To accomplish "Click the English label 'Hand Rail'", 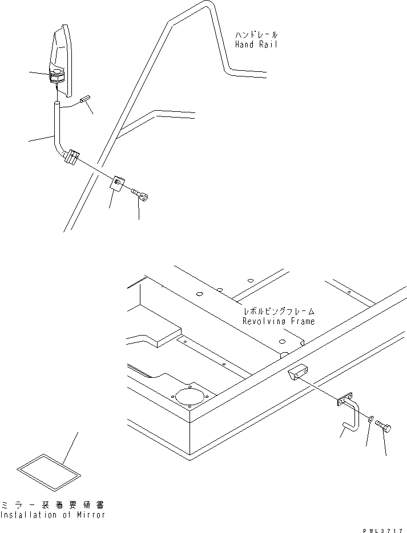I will pos(256,45).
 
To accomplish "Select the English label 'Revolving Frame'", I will pos(279,322).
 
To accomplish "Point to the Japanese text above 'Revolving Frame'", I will pos(279,312).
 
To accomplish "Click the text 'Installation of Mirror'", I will pos(53,515).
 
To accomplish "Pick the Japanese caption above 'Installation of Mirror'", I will pos(53,505).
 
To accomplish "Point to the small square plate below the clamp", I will pos(118,183).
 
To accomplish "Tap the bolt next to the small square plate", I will pos(140,195).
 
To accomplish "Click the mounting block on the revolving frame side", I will pos(296,375).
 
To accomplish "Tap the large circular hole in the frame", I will pos(189,395).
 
